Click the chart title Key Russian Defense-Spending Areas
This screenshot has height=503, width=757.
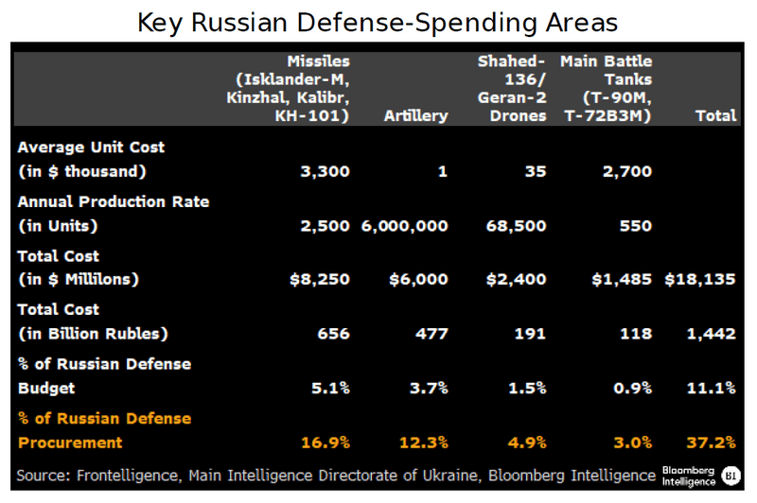(x=378, y=22)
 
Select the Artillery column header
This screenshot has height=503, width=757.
(x=415, y=116)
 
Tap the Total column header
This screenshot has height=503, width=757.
(x=715, y=116)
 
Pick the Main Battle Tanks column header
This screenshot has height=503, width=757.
(x=606, y=89)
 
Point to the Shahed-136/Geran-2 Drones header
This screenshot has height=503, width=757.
(x=512, y=89)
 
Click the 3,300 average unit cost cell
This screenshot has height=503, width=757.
(x=326, y=172)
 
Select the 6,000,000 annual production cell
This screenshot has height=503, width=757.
(x=404, y=226)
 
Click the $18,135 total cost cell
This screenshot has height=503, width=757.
(x=700, y=280)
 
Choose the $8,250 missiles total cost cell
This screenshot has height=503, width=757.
(x=320, y=280)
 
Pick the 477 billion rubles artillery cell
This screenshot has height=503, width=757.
(x=432, y=334)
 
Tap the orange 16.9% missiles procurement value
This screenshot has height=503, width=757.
(x=326, y=442)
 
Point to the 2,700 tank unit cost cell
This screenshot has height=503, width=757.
(x=627, y=172)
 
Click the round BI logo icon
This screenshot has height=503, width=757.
(x=731, y=475)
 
